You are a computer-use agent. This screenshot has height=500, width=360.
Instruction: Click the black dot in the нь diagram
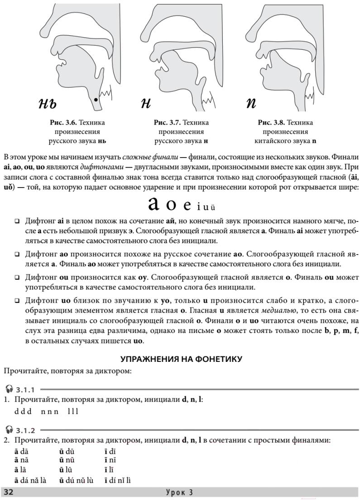[95, 99]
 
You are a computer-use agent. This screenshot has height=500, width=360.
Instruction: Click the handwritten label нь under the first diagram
[48, 104]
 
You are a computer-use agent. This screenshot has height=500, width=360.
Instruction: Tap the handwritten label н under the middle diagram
[145, 104]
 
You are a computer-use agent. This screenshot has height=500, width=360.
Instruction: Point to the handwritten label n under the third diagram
[251, 104]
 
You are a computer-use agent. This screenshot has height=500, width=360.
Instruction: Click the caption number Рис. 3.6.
[64, 123]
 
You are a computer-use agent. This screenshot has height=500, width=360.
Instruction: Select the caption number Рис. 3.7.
[168, 123]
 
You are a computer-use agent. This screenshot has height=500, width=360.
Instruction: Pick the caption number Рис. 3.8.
[272, 123]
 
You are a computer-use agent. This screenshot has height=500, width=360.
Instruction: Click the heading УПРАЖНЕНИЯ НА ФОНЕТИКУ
[181, 359]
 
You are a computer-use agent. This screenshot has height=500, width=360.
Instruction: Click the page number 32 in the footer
[9, 492]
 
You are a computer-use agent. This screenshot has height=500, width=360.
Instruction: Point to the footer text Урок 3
[180, 492]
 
